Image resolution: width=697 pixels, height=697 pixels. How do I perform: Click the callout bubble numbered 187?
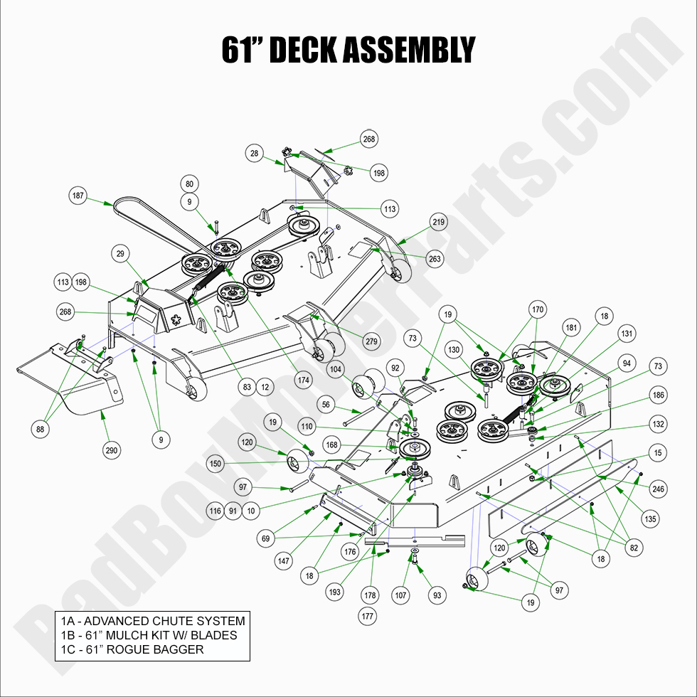pyautogui.click(x=78, y=195)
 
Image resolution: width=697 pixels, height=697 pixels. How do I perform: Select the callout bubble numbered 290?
pyautogui.click(x=112, y=449)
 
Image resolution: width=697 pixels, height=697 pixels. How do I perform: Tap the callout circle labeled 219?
pyautogui.click(x=439, y=223)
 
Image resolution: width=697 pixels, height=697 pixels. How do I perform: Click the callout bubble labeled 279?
pyautogui.click(x=371, y=341)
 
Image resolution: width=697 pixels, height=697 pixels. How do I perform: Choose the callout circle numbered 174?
pyautogui.click(x=304, y=381)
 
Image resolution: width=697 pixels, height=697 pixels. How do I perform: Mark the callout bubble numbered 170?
pyautogui.click(x=538, y=310)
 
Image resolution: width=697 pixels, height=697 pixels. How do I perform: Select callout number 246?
pyautogui.click(x=658, y=489)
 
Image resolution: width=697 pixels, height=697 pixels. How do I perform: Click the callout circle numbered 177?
pyautogui.click(x=368, y=617)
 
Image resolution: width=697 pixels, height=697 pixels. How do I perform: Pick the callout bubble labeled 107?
pyautogui.click(x=402, y=595)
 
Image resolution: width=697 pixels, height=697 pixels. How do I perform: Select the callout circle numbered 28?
pyautogui.click(x=254, y=153)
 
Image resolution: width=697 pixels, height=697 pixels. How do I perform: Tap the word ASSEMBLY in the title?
pyautogui.click(x=410, y=50)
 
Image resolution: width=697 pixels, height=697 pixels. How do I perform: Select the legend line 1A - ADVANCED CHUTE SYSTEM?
pyautogui.click(x=153, y=621)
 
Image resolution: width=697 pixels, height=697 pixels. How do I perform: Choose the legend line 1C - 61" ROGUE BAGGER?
pyautogui.click(x=132, y=649)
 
